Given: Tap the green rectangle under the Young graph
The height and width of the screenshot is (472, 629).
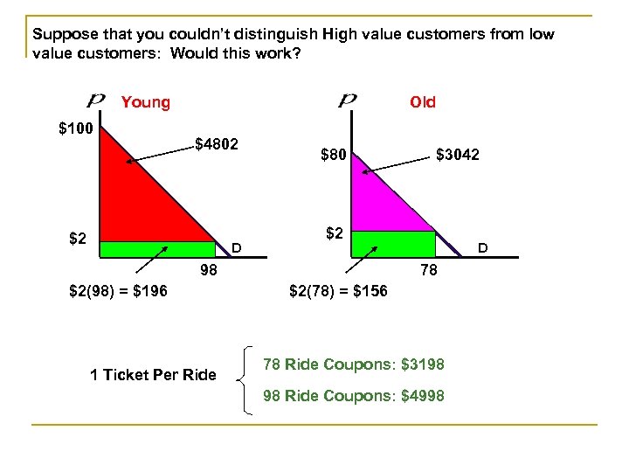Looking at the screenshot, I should point(157,249).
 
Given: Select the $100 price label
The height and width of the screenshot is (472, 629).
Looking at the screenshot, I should point(74,130).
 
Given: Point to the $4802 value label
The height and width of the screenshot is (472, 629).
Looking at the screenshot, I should point(218,142).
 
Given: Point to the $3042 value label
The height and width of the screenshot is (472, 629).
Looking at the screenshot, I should point(457,156).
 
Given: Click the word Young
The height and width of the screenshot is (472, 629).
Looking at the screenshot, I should point(146,103).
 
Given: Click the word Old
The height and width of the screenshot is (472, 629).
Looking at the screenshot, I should point(423,103).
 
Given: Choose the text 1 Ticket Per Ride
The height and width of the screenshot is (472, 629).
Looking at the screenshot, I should point(153,375).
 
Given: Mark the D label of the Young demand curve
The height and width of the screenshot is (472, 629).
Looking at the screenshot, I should point(236,249).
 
